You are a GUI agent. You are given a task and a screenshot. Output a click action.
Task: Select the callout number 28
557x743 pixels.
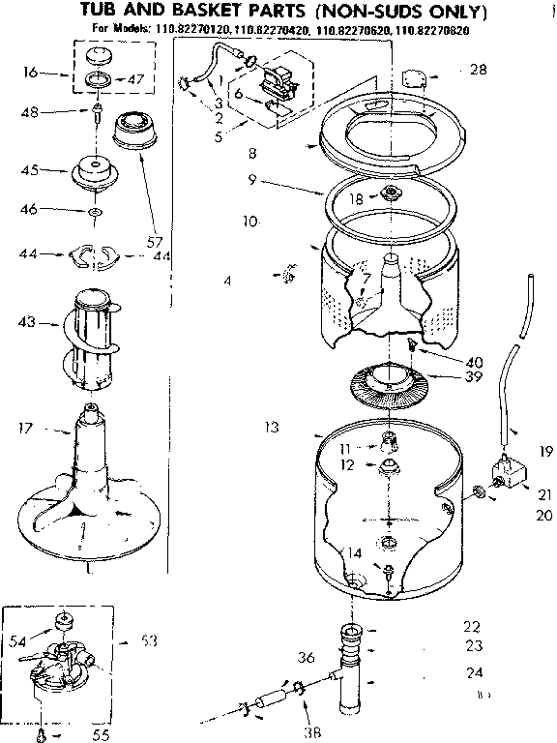tap(478, 71)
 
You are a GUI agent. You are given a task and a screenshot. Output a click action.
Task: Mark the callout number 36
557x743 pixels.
tap(307, 659)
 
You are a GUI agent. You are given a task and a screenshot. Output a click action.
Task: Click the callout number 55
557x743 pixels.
tap(102, 734)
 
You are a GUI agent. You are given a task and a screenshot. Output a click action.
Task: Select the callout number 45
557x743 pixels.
tap(29, 171)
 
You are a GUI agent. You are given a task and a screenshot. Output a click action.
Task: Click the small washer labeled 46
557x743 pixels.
tap(93, 210)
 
